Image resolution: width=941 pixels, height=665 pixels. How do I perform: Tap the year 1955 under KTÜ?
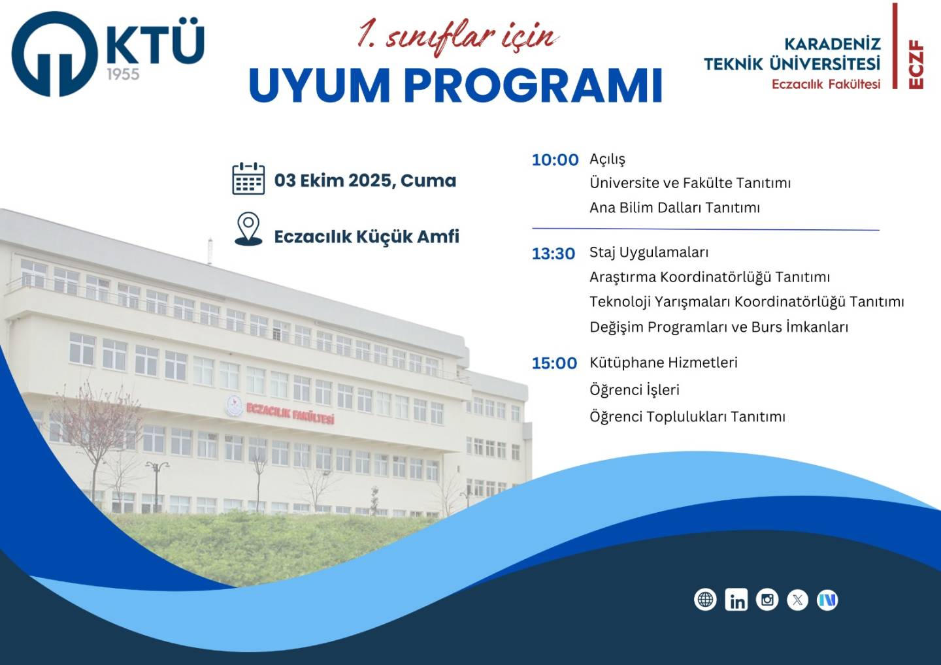pyautogui.click(x=123, y=74)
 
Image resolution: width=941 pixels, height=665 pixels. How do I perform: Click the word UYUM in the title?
pyautogui.click(x=320, y=86)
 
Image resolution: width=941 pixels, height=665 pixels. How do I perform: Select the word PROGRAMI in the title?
pyautogui.click(x=533, y=86)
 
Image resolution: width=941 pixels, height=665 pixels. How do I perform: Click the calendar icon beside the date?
pyautogui.click(x=248, y=178)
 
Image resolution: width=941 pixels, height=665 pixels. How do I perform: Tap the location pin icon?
pyautogui.click(x=248, y=229)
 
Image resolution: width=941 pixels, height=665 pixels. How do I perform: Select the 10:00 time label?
pyautogui.click(x=555, y=160)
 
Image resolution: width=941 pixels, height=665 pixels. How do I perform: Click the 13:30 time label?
pyautogui.click(x=553, y=254)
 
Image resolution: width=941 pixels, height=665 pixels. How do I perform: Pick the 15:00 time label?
pyautogui.click(x=554, y=363)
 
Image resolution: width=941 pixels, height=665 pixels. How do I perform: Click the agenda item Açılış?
pyautogui.click(x=608, y=159)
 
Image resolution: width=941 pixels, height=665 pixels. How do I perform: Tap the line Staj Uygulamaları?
pyautogui.click(x=649, y=253)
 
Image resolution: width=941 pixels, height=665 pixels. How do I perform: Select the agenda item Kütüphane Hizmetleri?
pyautogui.click(x=664, y=363)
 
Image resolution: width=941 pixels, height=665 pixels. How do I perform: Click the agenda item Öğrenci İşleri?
pyautogui.click(x=635, y=389)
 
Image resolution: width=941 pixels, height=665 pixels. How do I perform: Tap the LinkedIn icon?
pyautogui.click(x=736, y=600)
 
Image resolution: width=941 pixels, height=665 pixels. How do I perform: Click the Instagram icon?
pyautogui.click(x=767, y=600)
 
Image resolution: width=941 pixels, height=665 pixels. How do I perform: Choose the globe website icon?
pyautogui.click(x=705, y=600)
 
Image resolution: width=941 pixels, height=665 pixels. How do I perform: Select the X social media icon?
pyautogui.click(x=797, y=600)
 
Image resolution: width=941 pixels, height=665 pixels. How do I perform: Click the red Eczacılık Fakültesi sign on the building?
pyautogui.click(x=290, y=414)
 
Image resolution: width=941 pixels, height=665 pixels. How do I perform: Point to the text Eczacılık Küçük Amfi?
pyautogui.click(x=367, y=236)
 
